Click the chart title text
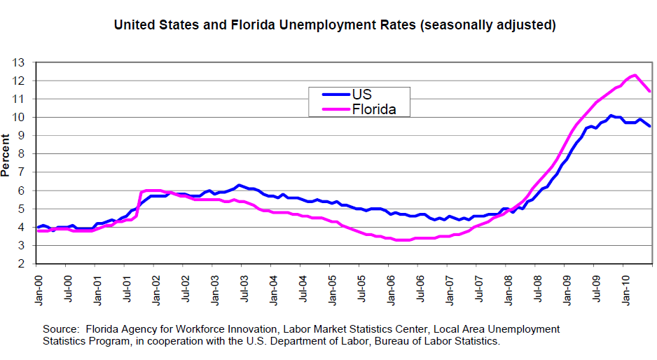(x=335, y=26)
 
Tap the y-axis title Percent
(x=6, y=156)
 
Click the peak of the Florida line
(x=634, y=75)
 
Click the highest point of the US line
(x=611, y=116)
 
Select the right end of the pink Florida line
(x=651, y=91)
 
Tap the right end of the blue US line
(x=651, y=126)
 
